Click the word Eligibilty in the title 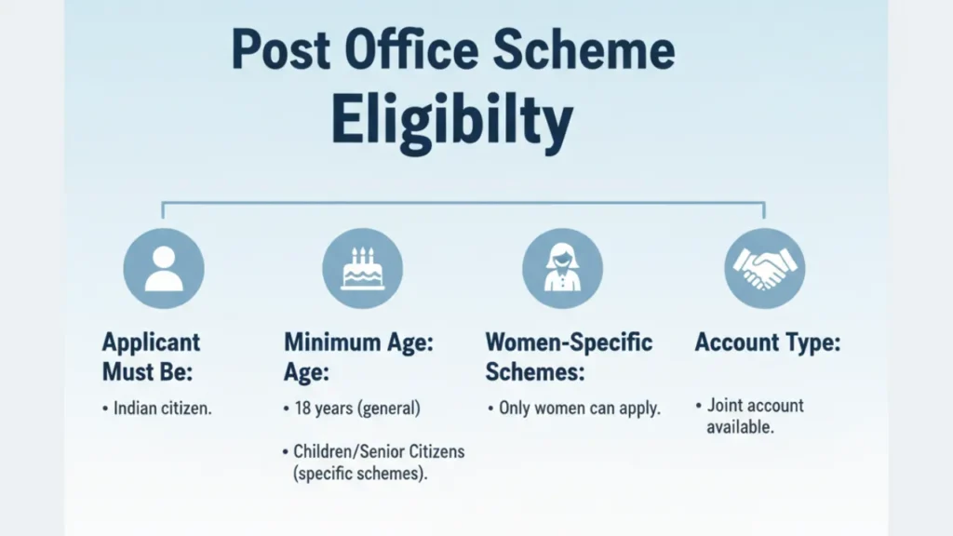[451, 122]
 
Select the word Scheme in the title [584, 49]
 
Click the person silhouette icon [164, 269]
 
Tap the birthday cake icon [362, 269]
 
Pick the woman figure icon [562, 269]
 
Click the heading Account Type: [768, 342]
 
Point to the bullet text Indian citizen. [162, 409]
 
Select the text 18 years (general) [357, 409]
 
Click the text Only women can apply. [579, 409]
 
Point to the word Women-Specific [569, 342]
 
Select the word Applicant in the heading [151, 342]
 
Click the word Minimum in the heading [331, 342]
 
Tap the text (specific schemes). [360, 474]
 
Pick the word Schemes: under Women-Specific [535, 371]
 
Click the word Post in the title [281, 50]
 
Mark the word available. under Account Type [740, 427]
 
